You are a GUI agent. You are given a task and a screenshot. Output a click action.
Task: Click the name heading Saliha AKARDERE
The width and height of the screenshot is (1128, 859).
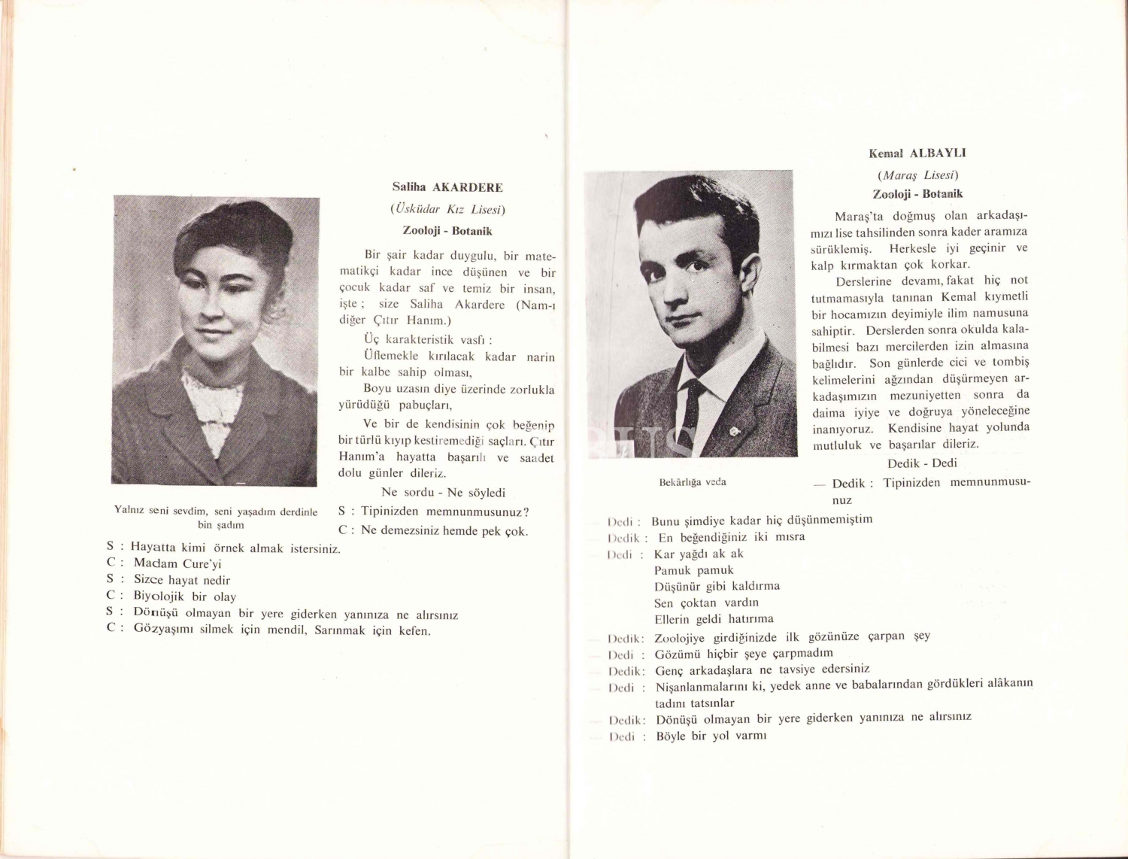point(447,187)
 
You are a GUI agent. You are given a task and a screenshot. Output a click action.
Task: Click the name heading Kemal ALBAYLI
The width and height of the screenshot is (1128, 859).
point(917,153)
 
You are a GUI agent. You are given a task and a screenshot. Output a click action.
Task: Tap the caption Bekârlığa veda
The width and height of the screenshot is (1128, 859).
point(692,482)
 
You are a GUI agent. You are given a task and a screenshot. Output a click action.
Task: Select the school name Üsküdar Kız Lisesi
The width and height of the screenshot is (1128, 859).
point(447,209)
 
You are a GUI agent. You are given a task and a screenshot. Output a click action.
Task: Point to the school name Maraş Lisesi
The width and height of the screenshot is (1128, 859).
point(917,175)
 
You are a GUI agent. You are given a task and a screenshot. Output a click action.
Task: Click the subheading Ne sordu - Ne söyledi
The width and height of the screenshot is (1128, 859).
point(443,493)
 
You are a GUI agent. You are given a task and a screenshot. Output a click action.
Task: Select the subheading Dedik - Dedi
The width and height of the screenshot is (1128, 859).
point(922,463)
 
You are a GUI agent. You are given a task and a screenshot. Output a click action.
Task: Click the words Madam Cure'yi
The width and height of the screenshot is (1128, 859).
point(177,563)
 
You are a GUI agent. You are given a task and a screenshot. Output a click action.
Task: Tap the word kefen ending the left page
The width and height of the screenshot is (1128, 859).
point(414,630)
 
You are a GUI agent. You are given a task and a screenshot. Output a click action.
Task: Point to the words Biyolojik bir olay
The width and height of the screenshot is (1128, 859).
point(185,596)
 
